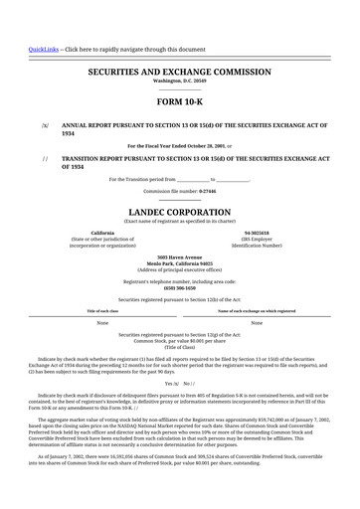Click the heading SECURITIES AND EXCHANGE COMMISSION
pos(179,73)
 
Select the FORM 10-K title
pos(179,102)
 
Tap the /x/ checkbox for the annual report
pos(45,126)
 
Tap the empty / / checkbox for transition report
pos(45,159)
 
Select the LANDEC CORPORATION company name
pos(179,212)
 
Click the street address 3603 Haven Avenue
pos(179,257)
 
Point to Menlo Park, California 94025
pos(179,263)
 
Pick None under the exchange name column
pos(257,323)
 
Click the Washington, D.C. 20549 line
pos(179,81)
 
